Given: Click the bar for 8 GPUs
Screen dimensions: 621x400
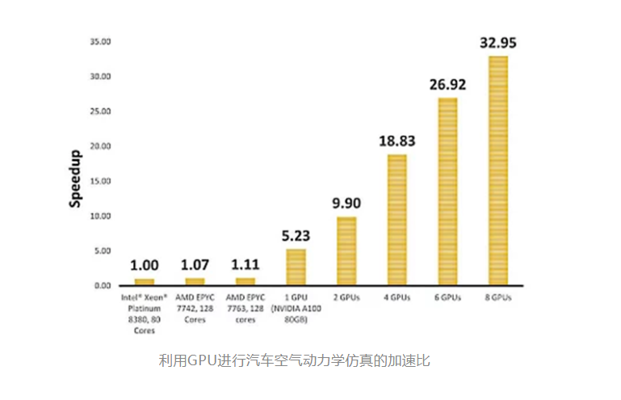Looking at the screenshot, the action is coord(498,171).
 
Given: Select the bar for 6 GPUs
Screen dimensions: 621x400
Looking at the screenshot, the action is coord(447,192).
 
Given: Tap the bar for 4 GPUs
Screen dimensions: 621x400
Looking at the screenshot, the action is coord(397,220).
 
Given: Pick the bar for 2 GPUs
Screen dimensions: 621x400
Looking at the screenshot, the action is coord(346,251).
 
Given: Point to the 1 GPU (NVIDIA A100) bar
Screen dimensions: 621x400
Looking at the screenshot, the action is coord(296,267).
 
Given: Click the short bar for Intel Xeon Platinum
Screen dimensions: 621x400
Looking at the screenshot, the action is coord(145,282).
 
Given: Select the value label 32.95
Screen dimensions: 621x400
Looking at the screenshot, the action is coord(498,42).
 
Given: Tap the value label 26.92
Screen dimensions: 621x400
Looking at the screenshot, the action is coord(448,84).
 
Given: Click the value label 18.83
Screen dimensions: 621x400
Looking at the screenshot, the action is coord(397,141).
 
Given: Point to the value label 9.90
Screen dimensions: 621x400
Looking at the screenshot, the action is coord(346,204).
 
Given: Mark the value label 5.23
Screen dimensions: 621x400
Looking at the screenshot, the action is coord(296,236).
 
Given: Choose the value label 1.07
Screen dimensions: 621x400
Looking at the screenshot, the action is coord(195,265).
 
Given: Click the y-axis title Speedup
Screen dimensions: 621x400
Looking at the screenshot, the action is coord(75,179).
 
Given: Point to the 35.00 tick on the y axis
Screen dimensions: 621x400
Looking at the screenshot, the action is coord(100,42).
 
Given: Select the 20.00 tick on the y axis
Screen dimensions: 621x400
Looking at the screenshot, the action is coord(100,146).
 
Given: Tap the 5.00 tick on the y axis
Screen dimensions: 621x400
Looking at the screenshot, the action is coord(103,251).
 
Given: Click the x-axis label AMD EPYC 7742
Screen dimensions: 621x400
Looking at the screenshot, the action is coord(195,309).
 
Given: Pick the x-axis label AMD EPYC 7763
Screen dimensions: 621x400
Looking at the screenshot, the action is coord(245,309).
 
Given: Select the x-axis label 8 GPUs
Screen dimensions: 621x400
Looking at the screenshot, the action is coord(498,297).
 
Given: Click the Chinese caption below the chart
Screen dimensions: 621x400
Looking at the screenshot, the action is coord(294,360).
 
